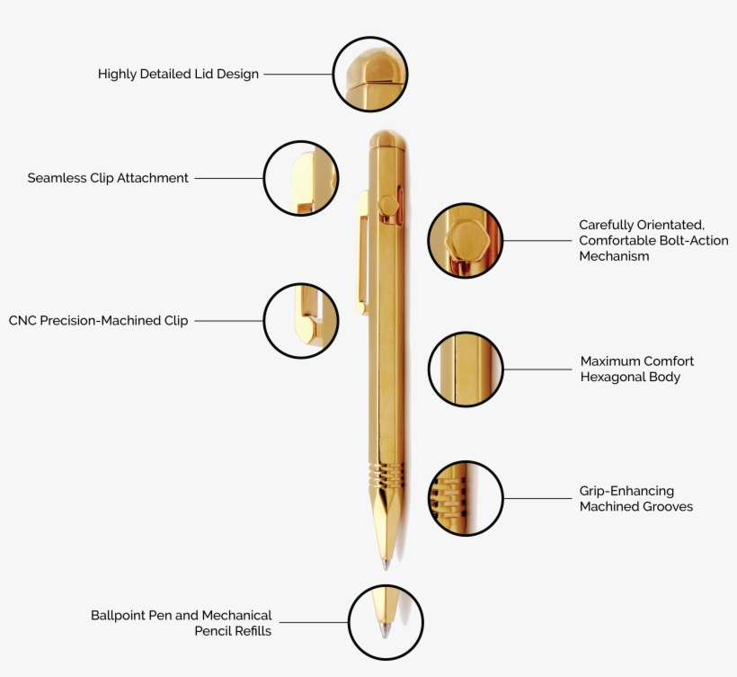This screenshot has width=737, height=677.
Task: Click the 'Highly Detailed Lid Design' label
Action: [178, 75]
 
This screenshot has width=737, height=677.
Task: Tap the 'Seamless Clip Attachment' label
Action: [108, 178]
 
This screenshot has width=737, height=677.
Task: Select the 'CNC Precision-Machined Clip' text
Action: [99, 320]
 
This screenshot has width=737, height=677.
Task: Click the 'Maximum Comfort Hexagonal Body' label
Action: [636, 369]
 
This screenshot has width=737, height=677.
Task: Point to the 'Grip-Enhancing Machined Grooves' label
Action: [635, 499]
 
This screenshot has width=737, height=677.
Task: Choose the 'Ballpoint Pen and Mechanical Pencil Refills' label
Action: [182, 623]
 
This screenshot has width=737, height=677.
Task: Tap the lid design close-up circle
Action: [370, 74]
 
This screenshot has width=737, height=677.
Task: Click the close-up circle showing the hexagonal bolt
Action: [465, 240]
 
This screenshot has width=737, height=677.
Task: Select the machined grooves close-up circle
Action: [465, 498]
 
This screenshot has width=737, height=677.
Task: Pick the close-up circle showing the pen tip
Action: [386, 622]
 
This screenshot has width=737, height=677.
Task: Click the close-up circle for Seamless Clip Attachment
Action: [301, 178]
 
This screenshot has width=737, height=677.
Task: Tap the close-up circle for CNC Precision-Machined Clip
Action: [301, 321]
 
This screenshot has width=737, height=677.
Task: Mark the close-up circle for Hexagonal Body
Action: [465, 370]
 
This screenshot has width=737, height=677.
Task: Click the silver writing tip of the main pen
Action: [386, 564]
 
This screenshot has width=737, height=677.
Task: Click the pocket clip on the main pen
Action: [362, 252]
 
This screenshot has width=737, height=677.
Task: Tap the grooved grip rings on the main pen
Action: [386, 474]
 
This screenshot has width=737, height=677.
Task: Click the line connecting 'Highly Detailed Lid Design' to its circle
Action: [297, 75]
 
